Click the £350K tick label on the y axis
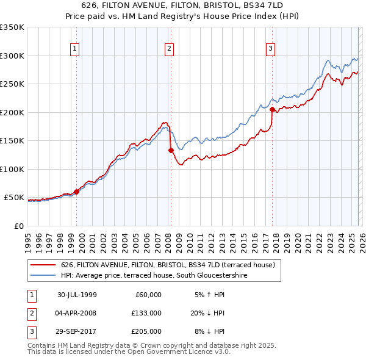[x=12, y=27]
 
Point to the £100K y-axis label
[x=12, y=169]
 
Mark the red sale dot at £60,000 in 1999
[x=77, y=192]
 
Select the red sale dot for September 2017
[x=272, y=110]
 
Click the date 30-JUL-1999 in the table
[x=77, y=295]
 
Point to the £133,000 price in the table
[x=146, y=313]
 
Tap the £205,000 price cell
[x=146, y=331]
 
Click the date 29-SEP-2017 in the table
[x=77, y=331]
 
